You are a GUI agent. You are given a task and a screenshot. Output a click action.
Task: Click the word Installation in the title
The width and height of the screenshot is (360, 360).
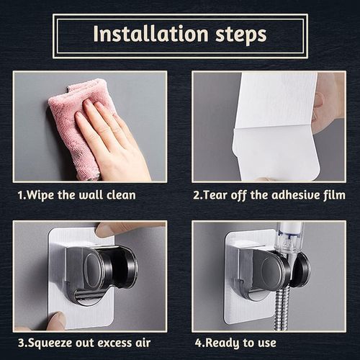(x=150, y=34)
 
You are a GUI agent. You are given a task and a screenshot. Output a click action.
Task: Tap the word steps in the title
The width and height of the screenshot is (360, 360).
(x=241, y=35)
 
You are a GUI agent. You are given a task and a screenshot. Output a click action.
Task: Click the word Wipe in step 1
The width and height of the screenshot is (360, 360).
(x=40, y=195)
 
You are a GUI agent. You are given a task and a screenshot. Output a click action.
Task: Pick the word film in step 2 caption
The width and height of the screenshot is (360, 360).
(x=334, y=194)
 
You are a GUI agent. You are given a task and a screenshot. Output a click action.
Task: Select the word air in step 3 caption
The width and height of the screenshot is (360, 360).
(x=143, y=343)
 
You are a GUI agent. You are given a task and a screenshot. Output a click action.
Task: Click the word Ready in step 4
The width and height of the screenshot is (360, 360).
(x=221, y=343)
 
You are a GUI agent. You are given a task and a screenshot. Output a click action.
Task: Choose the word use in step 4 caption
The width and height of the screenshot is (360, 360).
(x=267, y=343)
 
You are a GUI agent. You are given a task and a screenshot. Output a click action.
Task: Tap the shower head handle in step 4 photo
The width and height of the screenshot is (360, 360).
(x=290, y=243)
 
